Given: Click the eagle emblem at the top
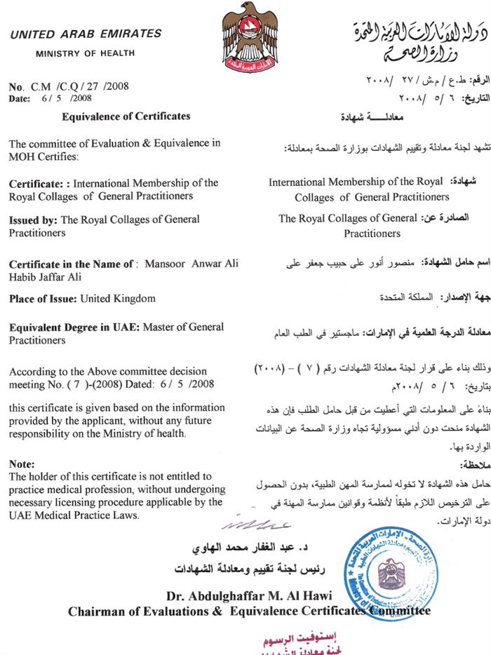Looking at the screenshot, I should point(245,36).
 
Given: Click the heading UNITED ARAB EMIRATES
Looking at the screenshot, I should point(86,34).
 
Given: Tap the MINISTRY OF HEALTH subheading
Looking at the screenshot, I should point(86,53).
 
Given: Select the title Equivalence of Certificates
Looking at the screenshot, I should point(126,116).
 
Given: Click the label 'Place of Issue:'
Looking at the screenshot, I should point(43,299).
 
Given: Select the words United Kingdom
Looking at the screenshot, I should point(118,299).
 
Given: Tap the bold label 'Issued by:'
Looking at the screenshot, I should point(33,220).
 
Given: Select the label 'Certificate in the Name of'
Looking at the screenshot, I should point(70,264).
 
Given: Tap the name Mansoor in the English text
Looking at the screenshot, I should point(166,264).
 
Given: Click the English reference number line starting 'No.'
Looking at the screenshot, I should point(69,87).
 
